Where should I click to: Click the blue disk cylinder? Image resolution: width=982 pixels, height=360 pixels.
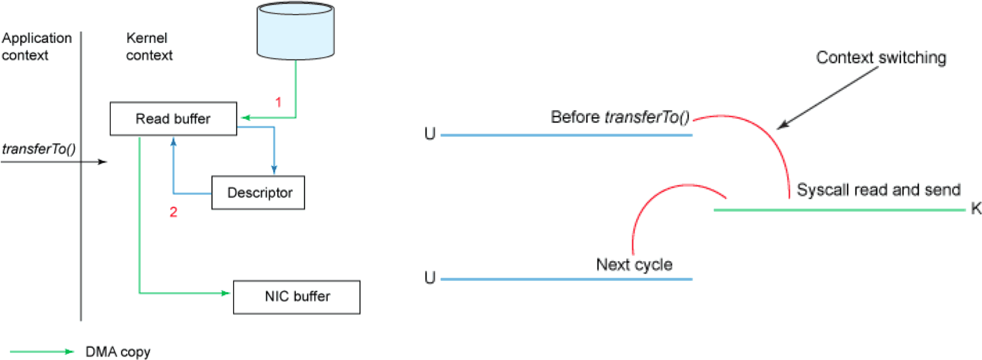[295, 31]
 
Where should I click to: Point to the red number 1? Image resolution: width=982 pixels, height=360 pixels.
[278, 102]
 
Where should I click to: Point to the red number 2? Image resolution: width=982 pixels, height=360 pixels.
[173, 212]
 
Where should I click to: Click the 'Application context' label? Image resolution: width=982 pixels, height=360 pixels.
[36, 46]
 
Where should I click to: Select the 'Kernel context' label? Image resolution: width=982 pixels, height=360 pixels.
[149, 46]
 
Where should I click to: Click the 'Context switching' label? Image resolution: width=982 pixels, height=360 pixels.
[881, 57]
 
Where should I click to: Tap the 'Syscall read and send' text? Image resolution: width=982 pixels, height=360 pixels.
[878, 190]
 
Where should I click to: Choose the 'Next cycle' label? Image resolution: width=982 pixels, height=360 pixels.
[634, 264]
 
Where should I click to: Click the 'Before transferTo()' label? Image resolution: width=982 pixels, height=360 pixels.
[620, 117]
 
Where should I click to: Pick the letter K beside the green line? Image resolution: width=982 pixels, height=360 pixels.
[976, 208]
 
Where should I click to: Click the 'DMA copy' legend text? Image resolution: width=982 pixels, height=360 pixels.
[118, 352]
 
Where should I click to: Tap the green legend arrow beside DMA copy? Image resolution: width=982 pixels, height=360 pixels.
[42, 351]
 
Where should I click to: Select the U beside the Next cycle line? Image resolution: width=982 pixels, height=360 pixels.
[430, 278]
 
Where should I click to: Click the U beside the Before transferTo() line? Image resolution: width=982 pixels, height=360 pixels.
[430, 134]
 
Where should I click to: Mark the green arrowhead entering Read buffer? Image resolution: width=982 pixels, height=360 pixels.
[245, 117]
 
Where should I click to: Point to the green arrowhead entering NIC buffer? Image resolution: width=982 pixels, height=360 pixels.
[225, 293]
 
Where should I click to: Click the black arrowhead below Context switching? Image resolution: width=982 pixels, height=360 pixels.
[781, 125]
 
